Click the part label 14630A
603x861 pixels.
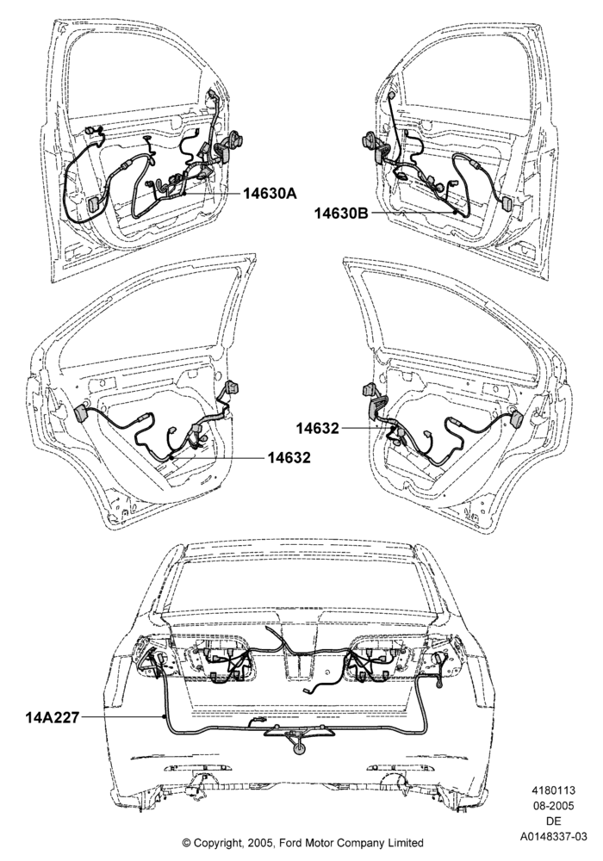(x=270, y=193)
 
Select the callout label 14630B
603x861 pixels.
(x=341, y=213)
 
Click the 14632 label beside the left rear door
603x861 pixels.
(x=289, y=457)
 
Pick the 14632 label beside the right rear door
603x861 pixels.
(x=318, y=428)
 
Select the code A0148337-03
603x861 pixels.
(x=553, y=837)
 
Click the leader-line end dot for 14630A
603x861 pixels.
(x=184, y=193)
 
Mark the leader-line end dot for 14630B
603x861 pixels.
(x=456, y=213)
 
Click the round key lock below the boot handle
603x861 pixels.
(x=299, y=750)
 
